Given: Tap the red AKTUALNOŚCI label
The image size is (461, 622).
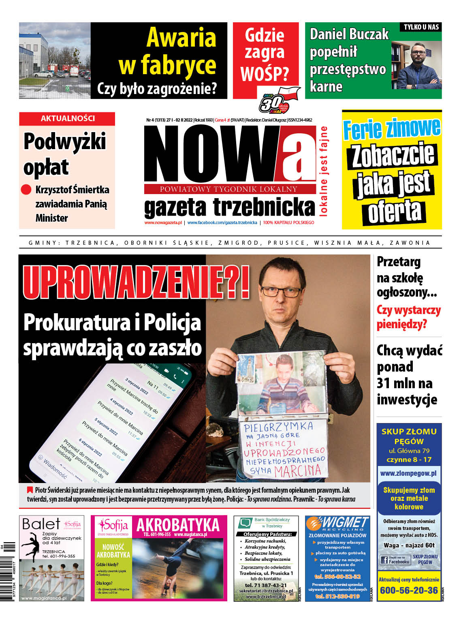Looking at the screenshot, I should [68, 118].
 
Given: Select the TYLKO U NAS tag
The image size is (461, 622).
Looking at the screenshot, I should [421, 27].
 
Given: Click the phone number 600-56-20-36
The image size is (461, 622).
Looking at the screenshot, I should [409, 590].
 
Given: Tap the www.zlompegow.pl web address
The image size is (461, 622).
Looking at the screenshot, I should [408, 473].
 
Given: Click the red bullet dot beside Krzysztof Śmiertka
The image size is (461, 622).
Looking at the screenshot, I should [26, 190].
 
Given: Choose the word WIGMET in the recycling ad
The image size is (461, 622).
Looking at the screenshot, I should [344, 522].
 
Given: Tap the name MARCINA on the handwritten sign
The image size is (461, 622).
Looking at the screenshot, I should [298, 470].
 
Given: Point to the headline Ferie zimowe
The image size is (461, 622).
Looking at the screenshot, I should [391, 128].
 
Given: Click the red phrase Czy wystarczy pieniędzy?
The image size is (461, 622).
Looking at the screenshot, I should [408, 317].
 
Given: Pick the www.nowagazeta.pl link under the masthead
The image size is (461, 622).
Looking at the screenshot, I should [163, 222].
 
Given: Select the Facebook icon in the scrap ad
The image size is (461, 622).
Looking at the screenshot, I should [384, 560].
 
